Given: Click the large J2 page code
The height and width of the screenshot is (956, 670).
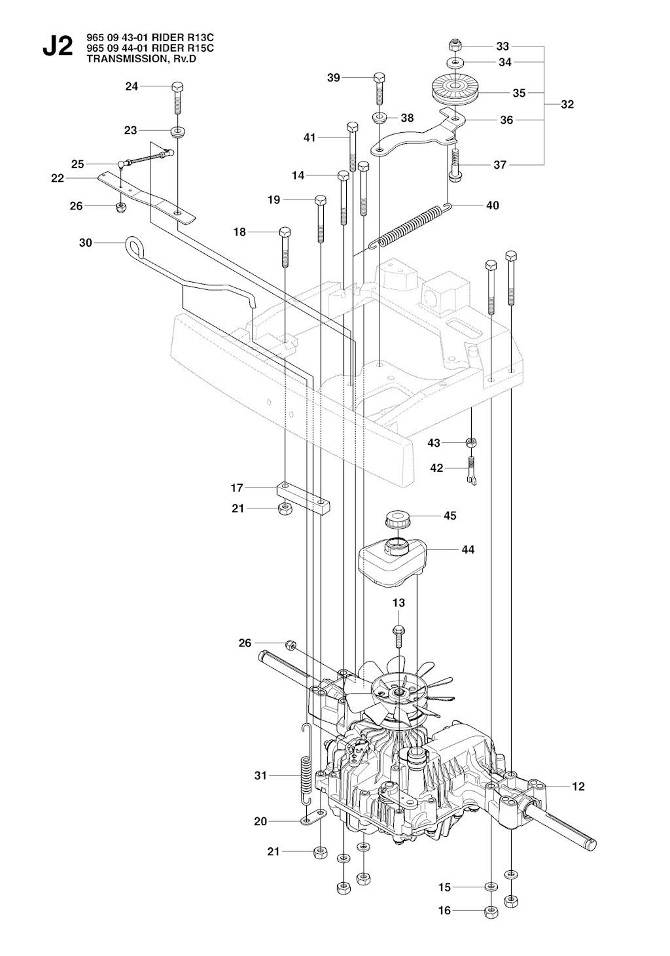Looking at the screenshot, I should (57, 48).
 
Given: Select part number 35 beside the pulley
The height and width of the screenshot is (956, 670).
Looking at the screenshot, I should (519, 93).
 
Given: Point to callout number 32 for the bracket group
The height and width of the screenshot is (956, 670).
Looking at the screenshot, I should (567, 104).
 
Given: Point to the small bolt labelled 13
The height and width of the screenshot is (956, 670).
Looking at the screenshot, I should (398, 631).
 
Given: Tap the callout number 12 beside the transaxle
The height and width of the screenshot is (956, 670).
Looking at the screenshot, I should (578, 787).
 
